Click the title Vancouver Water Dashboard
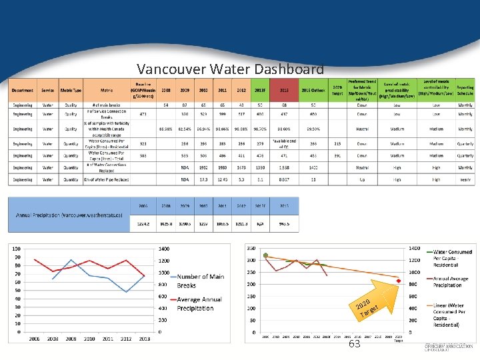(230, 69)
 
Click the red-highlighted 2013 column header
(283, 90)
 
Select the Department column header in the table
(22, 90)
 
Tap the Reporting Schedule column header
(465, 90)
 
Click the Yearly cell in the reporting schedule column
(465, 179)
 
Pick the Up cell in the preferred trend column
(361, 179)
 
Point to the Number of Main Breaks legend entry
(200, 281)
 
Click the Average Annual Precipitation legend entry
(200, 303)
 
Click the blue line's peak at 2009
(70, 259)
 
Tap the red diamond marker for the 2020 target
(399, 281)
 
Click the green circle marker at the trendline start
(265, 255)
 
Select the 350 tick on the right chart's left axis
(251, 247)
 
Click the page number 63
(354, 344)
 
